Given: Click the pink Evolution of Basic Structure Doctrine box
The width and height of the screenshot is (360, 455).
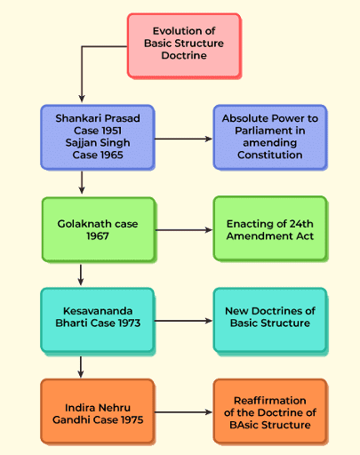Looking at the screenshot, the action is coord(184,46).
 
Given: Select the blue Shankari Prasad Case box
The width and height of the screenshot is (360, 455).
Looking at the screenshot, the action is coord(98,137).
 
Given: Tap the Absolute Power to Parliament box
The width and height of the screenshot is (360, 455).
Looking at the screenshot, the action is coord(270,137).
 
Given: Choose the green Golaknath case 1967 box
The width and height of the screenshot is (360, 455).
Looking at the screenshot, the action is coord(99,229).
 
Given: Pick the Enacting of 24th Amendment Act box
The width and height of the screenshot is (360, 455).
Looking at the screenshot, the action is coord(270,228).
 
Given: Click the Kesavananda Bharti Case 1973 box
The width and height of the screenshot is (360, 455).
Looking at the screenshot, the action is coord(98,321).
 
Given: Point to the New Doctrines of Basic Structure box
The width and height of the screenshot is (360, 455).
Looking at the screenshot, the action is coord(270,321).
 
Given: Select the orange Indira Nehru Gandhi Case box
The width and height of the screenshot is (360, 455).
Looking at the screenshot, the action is coord(98,411).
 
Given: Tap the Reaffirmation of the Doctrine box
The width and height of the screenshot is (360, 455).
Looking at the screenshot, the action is coord(270,411).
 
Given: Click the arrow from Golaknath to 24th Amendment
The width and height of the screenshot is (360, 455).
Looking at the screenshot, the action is coord(184,230).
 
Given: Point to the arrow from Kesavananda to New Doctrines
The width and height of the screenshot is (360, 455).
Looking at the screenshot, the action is coord(183,321).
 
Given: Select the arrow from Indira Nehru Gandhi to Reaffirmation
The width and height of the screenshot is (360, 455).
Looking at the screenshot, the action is coord(183,411).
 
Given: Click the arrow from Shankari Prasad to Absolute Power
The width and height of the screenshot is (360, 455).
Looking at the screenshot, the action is coord(183,139).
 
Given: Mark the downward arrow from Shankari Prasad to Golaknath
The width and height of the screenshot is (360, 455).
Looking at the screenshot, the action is coord(82,182).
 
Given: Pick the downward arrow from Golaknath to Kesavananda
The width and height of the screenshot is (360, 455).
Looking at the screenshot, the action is coord(81,275).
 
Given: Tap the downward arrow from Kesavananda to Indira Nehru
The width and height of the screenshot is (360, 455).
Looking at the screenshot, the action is coord(81,367).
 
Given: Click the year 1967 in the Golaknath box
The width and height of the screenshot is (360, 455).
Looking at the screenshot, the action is coord(98,236).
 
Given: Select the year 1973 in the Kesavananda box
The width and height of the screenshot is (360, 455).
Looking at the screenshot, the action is coord(129,323).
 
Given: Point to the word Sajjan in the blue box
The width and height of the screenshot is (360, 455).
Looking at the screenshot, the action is coord(79,143).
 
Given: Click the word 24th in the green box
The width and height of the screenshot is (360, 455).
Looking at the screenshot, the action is coord(301,224).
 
